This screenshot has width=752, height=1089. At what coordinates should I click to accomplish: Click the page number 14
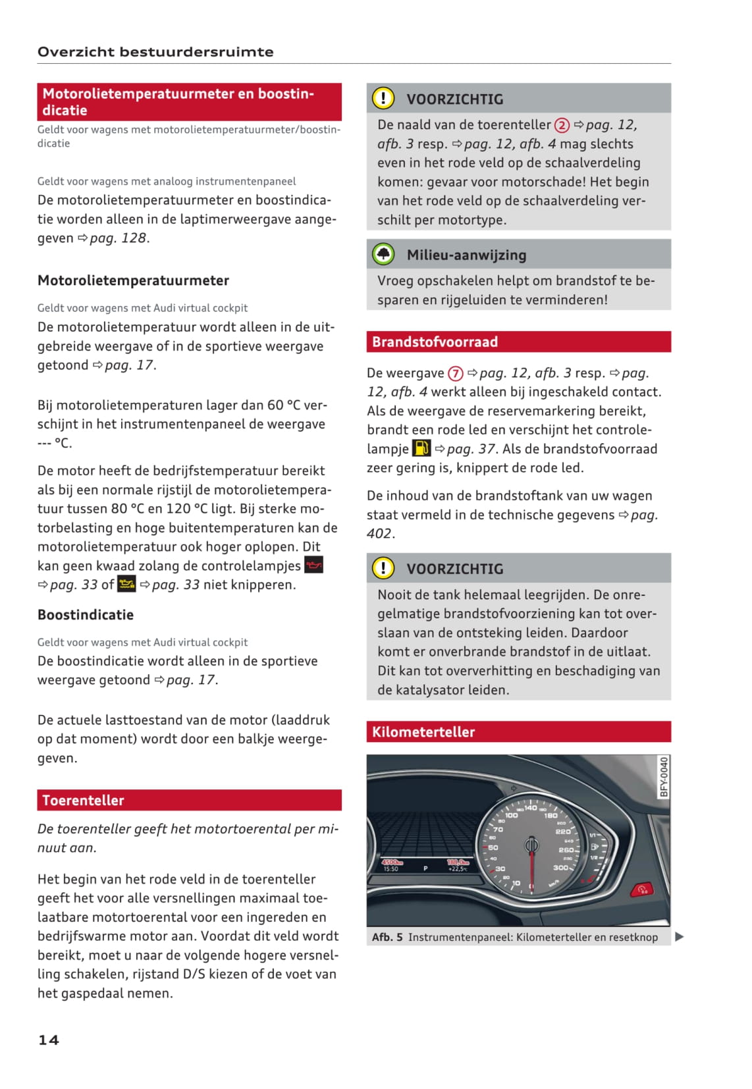(49, 1040)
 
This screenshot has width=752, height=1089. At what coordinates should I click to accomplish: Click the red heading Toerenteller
(83, 800)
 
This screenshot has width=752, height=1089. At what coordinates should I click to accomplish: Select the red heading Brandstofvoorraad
(435, 342)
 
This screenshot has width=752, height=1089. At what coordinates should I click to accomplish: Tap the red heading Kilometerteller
(423, 731)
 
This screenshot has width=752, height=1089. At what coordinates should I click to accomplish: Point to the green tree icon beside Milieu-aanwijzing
(383, 254)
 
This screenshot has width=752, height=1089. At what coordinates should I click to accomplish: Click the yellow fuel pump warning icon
(421, 448)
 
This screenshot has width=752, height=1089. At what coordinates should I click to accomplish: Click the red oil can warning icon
(313, 565)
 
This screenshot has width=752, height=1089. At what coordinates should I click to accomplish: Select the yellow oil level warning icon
(126, 584)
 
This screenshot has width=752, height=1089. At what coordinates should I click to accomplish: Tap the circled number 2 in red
(562, 125)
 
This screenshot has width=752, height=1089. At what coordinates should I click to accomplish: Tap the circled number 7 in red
(456, 373)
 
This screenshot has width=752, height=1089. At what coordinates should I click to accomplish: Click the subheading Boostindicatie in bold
(86, 615)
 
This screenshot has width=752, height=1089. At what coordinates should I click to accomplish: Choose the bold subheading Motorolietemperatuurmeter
(133, 280)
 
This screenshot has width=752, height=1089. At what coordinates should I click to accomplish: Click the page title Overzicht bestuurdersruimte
(155, 52)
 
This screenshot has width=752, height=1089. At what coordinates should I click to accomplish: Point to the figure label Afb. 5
(387, 937)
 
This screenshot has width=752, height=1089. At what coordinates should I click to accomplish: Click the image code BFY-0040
(664, 777)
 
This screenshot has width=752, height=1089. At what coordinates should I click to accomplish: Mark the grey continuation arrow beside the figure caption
(680, 936)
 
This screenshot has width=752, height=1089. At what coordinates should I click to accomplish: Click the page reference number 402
(379, 533)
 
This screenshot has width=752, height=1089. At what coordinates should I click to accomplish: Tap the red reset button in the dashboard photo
(641, 890)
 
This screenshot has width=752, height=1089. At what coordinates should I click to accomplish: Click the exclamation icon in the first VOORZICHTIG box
(383, 98)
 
